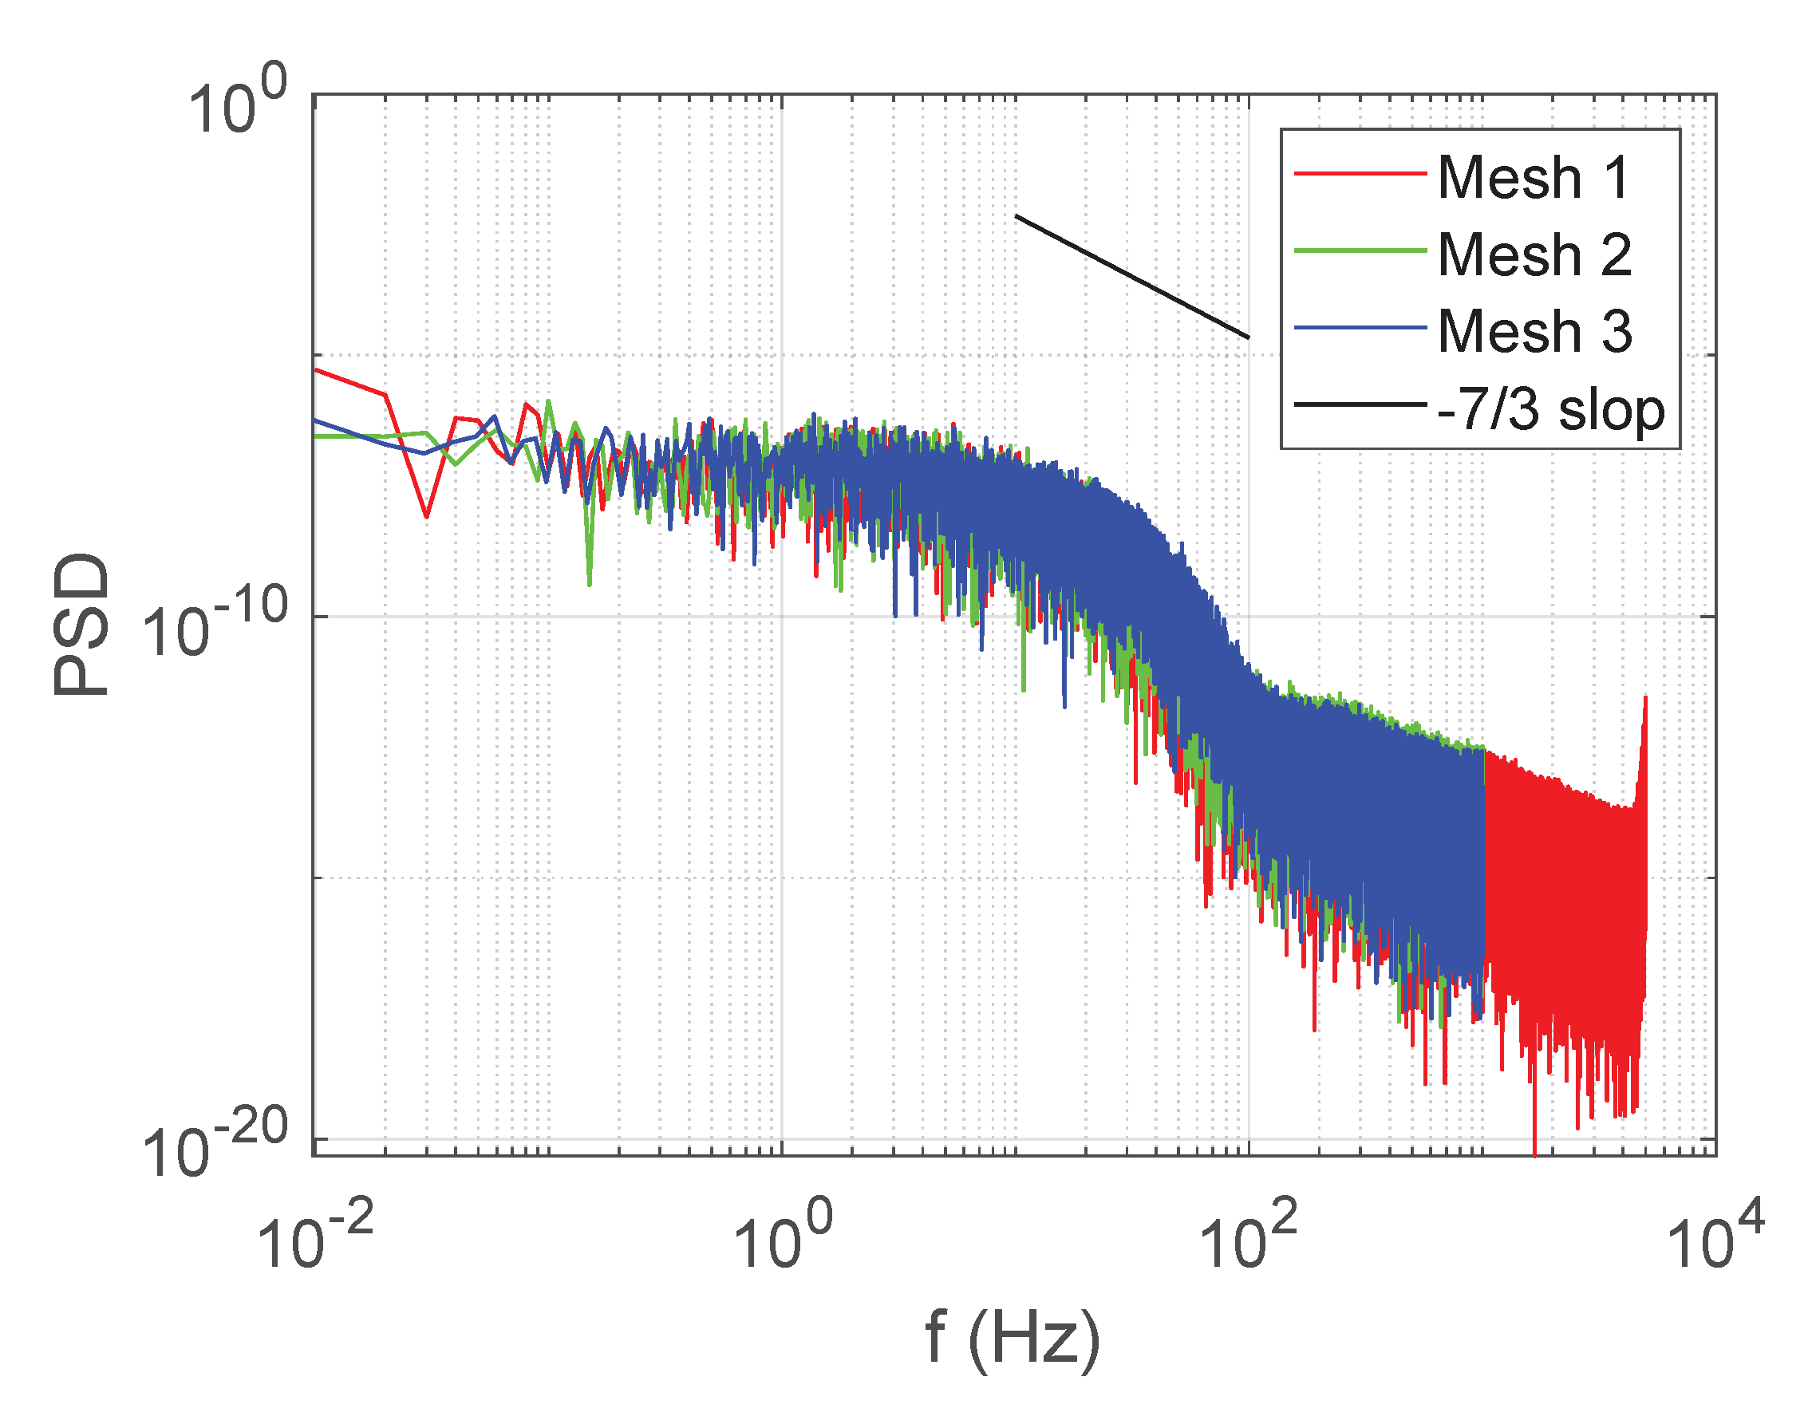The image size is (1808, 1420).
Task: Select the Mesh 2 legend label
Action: (1534, 254)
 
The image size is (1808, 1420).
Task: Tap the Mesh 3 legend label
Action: (1534, 331)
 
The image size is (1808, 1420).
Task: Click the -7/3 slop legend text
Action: (1550, 409)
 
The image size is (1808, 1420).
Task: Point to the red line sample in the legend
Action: (1359, 174)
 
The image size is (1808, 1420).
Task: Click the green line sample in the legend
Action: (1359, 250)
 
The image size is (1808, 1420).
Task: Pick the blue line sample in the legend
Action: (1359, 328)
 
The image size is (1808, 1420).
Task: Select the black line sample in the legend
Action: (1359, 405)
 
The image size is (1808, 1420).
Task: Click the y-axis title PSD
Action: (81, 624)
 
